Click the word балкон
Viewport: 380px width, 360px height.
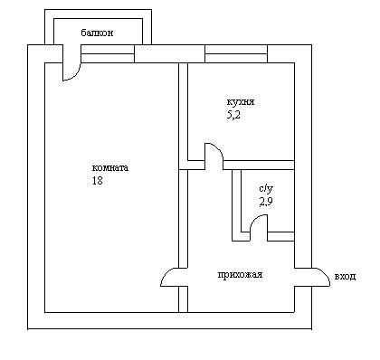click(97, 33)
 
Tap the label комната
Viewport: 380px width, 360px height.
click(110, 167)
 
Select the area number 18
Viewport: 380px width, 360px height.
click(98, 180)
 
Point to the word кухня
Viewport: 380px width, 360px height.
click(241, 102)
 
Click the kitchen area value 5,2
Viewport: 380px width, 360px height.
click(233, 115)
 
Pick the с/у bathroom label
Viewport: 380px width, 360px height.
click(266, 189)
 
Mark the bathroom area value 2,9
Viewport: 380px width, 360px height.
click(266, 202)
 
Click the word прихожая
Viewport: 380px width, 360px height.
click(240, 275)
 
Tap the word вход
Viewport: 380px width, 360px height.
click(345, 276)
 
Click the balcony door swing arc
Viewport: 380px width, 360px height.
click(75, 76)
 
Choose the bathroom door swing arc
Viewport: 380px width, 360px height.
click(255, 220)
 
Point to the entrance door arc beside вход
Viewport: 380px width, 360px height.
click(325, 273)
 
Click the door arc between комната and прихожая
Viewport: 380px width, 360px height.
click(166, 273)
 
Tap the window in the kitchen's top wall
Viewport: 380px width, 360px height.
click(236, 54)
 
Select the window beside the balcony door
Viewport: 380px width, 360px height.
click(108, 54)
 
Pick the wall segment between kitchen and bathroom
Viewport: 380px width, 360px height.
click(259, 165)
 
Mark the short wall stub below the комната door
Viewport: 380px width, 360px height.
click(184, 299)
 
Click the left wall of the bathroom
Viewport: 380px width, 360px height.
click(236, 205)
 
